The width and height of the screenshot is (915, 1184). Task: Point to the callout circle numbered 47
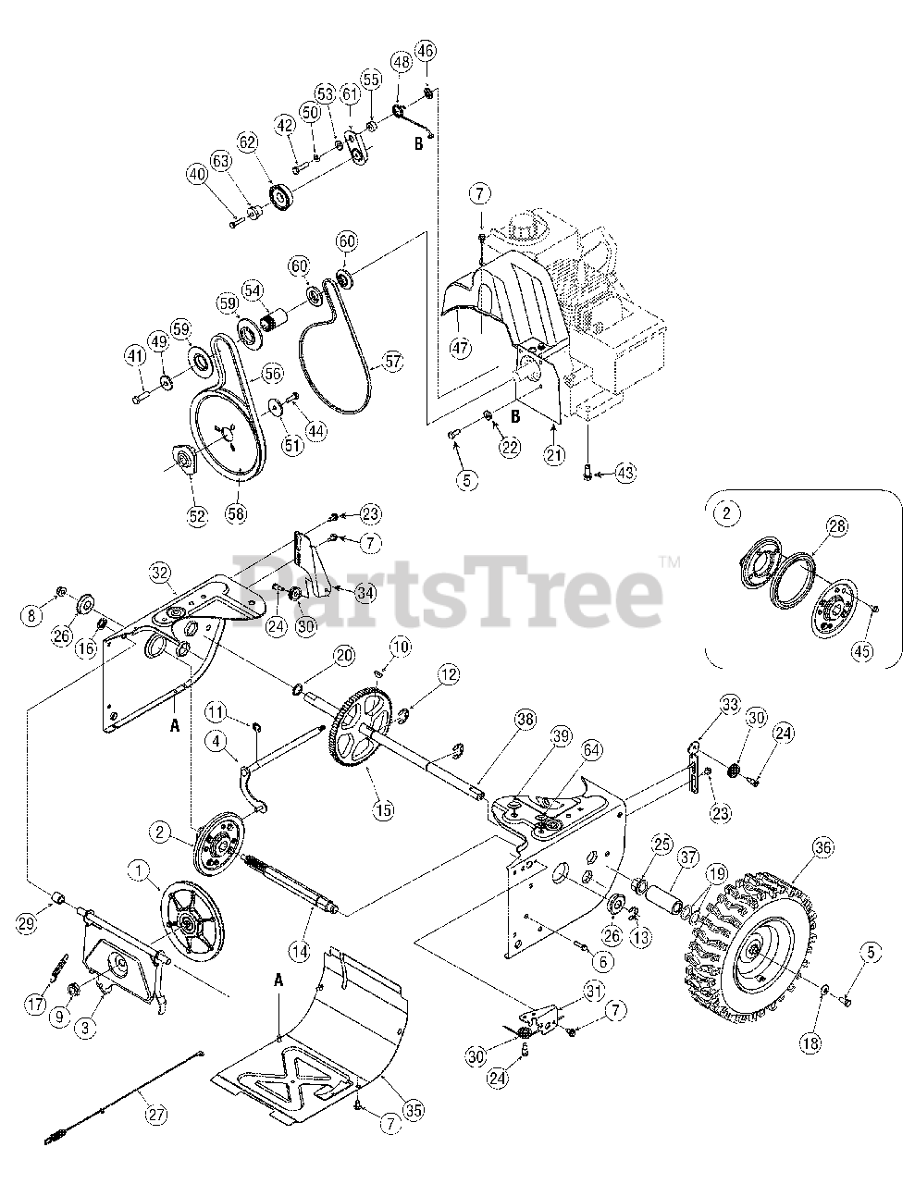pyautogui.click(x=460, y=349)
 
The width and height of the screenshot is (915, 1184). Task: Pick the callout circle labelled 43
pyautogui.click(x=627, y=474)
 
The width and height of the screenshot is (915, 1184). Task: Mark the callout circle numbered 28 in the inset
pyautogui.click(x=836, y=527)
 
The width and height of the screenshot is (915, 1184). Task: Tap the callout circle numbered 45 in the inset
pyautogui.click(x=862, y=651)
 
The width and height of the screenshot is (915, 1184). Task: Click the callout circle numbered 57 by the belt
pyautogui.click(x=395, y=363)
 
